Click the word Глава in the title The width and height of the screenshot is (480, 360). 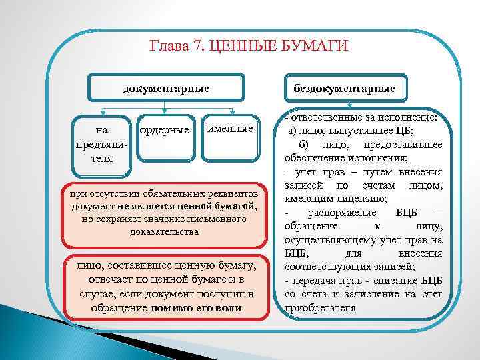(167, 47)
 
